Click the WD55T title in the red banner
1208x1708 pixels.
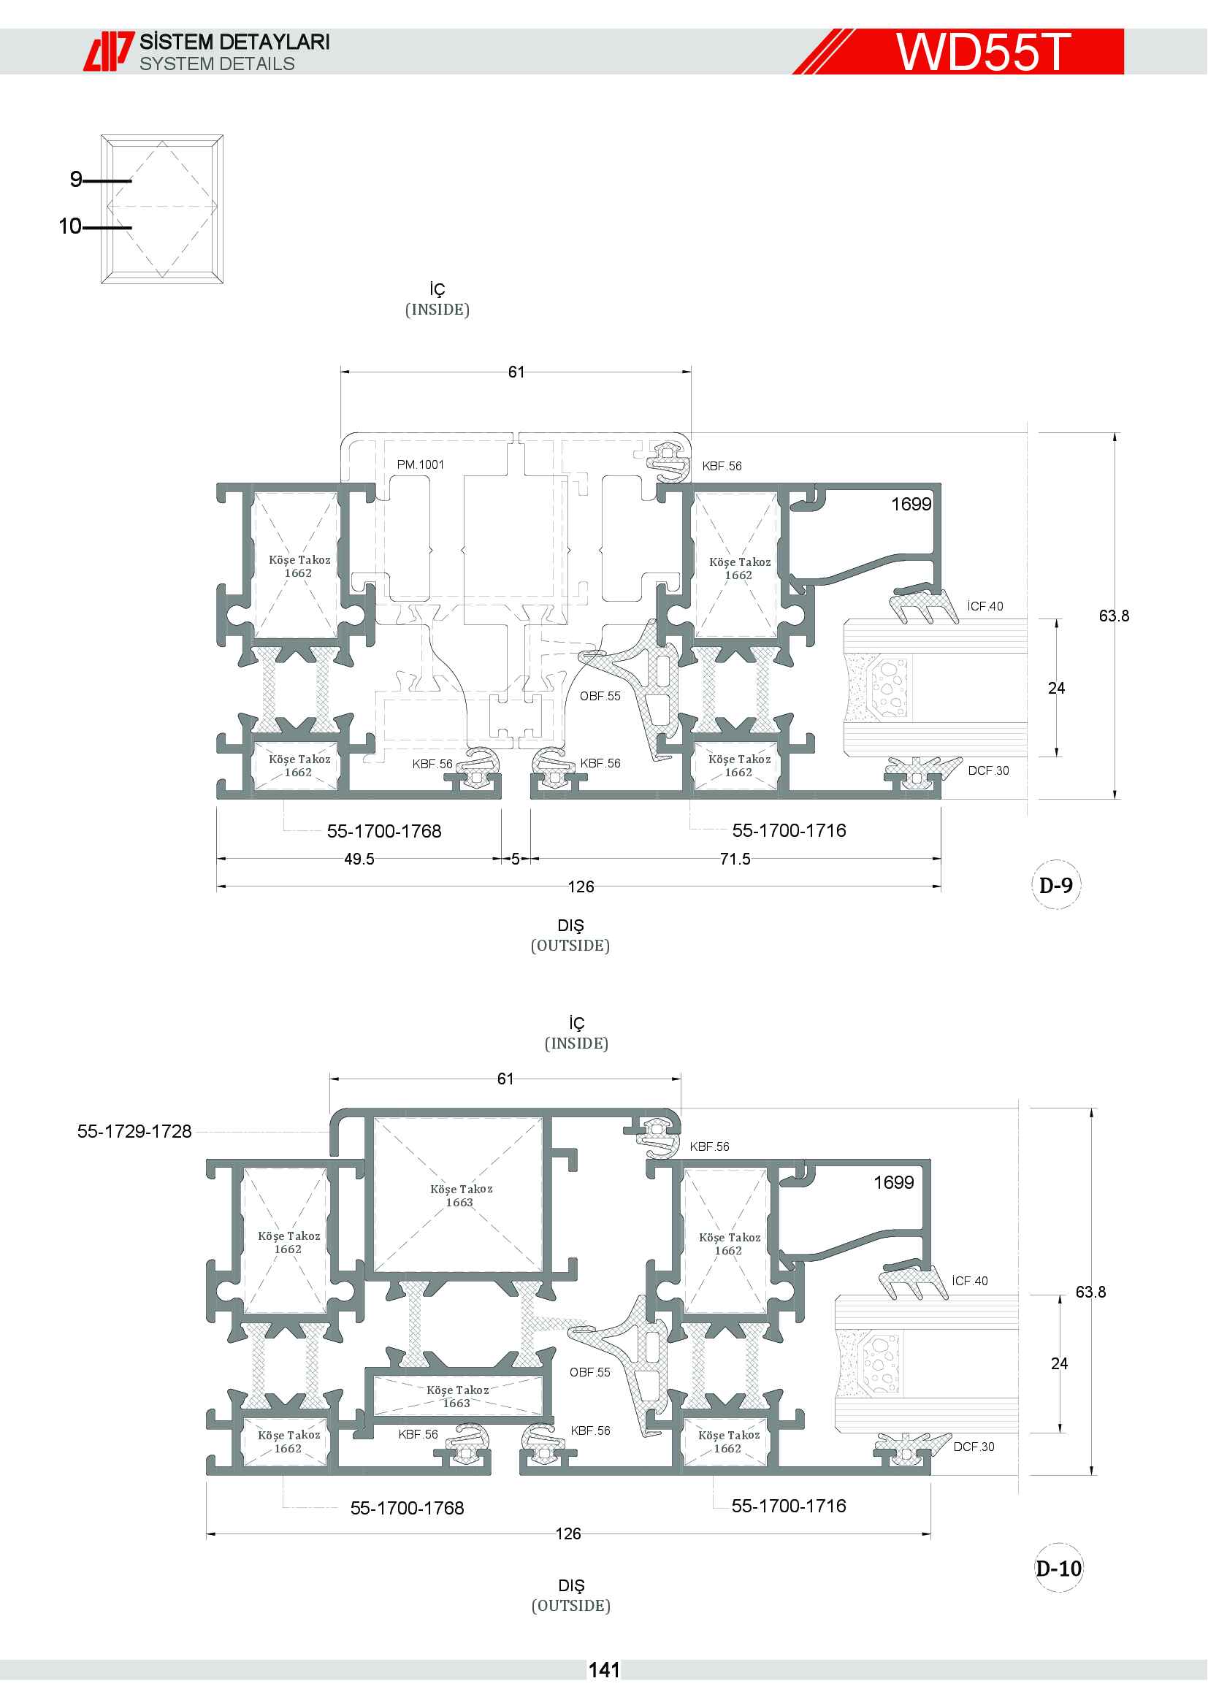point(983,51)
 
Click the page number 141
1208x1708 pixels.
point(604,1671)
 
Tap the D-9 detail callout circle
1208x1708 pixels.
point(1055,885)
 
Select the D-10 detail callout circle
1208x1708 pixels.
point(1058,1568)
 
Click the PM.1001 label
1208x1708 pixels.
point(420,465)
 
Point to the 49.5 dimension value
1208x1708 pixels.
point(359,859)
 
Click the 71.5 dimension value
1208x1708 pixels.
point(735,859)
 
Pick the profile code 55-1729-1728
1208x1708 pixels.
point(134,1131)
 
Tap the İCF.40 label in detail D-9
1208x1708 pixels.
point(985,606)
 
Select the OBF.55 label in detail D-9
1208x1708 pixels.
point(600,697)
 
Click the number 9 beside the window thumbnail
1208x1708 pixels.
point(76,180)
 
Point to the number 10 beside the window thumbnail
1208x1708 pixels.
point(70,226)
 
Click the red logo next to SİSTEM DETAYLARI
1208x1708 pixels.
point(109,51)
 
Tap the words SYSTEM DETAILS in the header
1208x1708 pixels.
point(217,64)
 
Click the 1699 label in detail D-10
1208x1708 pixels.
point(893,1182)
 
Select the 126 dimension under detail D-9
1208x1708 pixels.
point(581,886)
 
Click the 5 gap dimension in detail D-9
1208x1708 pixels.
point(516,859)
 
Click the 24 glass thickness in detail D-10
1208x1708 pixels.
point(1059,1363)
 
